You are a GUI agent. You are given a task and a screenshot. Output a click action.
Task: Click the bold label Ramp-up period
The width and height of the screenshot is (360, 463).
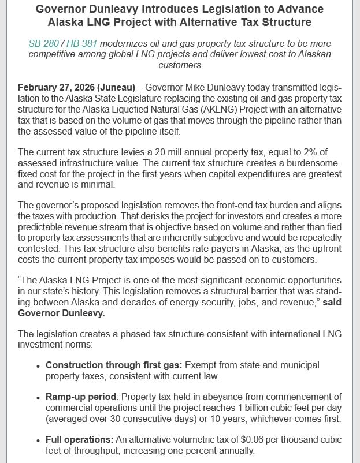point(81,397)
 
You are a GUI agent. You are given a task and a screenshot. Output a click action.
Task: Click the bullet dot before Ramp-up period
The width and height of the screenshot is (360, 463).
point(38,397)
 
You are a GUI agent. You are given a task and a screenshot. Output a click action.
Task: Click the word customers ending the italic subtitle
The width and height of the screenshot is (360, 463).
point(180,65)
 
